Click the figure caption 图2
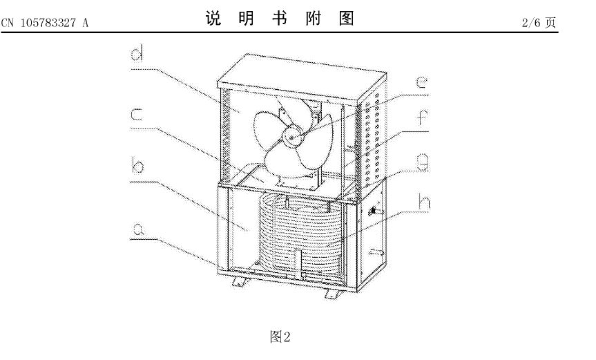pyautogui.click(x=280, y=337)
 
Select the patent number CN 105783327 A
pyautogui.click(x=45, y=22)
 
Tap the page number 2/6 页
pyautogui.click(x=539, y=22)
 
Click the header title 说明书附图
pyautogui.click(x=280, y=19)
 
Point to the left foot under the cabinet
pyautogui.click(x=241, y=283)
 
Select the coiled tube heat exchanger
pyautogui.click(x=304, y=235)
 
